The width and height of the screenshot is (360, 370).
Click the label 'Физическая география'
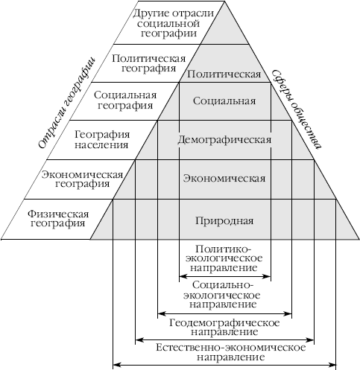(x=58, y=218)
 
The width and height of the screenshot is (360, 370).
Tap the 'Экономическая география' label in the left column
(x=82, y=179)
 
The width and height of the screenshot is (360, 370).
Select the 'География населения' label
(x=102, y=139)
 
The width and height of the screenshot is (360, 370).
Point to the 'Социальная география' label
(x=125, y=101)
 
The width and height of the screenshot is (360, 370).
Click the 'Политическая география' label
(x=148, y=63)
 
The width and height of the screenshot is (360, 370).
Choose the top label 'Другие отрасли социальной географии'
(x=173, y=23)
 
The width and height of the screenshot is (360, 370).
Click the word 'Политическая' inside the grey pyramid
(x=224, y=74)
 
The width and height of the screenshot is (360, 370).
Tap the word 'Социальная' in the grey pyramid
(x=224, y=101)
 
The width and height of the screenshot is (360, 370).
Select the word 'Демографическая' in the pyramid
(x=224, y=140)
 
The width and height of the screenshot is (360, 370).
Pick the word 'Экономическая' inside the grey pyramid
(x=224, y=179)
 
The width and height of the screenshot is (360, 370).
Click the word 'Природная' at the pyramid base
(x=224, y=220)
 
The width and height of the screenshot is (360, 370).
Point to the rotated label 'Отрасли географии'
(x=67, y=103)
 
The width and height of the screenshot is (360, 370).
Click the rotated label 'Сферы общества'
(x=296, y=109)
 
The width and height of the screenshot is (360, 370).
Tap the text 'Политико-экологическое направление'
(x=224, y=258)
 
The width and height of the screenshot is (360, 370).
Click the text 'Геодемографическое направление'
(x=224, y=328)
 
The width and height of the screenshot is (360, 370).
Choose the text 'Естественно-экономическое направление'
(x=231, y=352)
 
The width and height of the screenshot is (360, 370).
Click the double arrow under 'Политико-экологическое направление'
(x=225, y=276)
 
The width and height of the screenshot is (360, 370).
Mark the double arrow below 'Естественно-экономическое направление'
(x=224, y=365)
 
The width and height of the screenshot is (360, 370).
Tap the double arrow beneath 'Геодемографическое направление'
(x=224, y=339)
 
